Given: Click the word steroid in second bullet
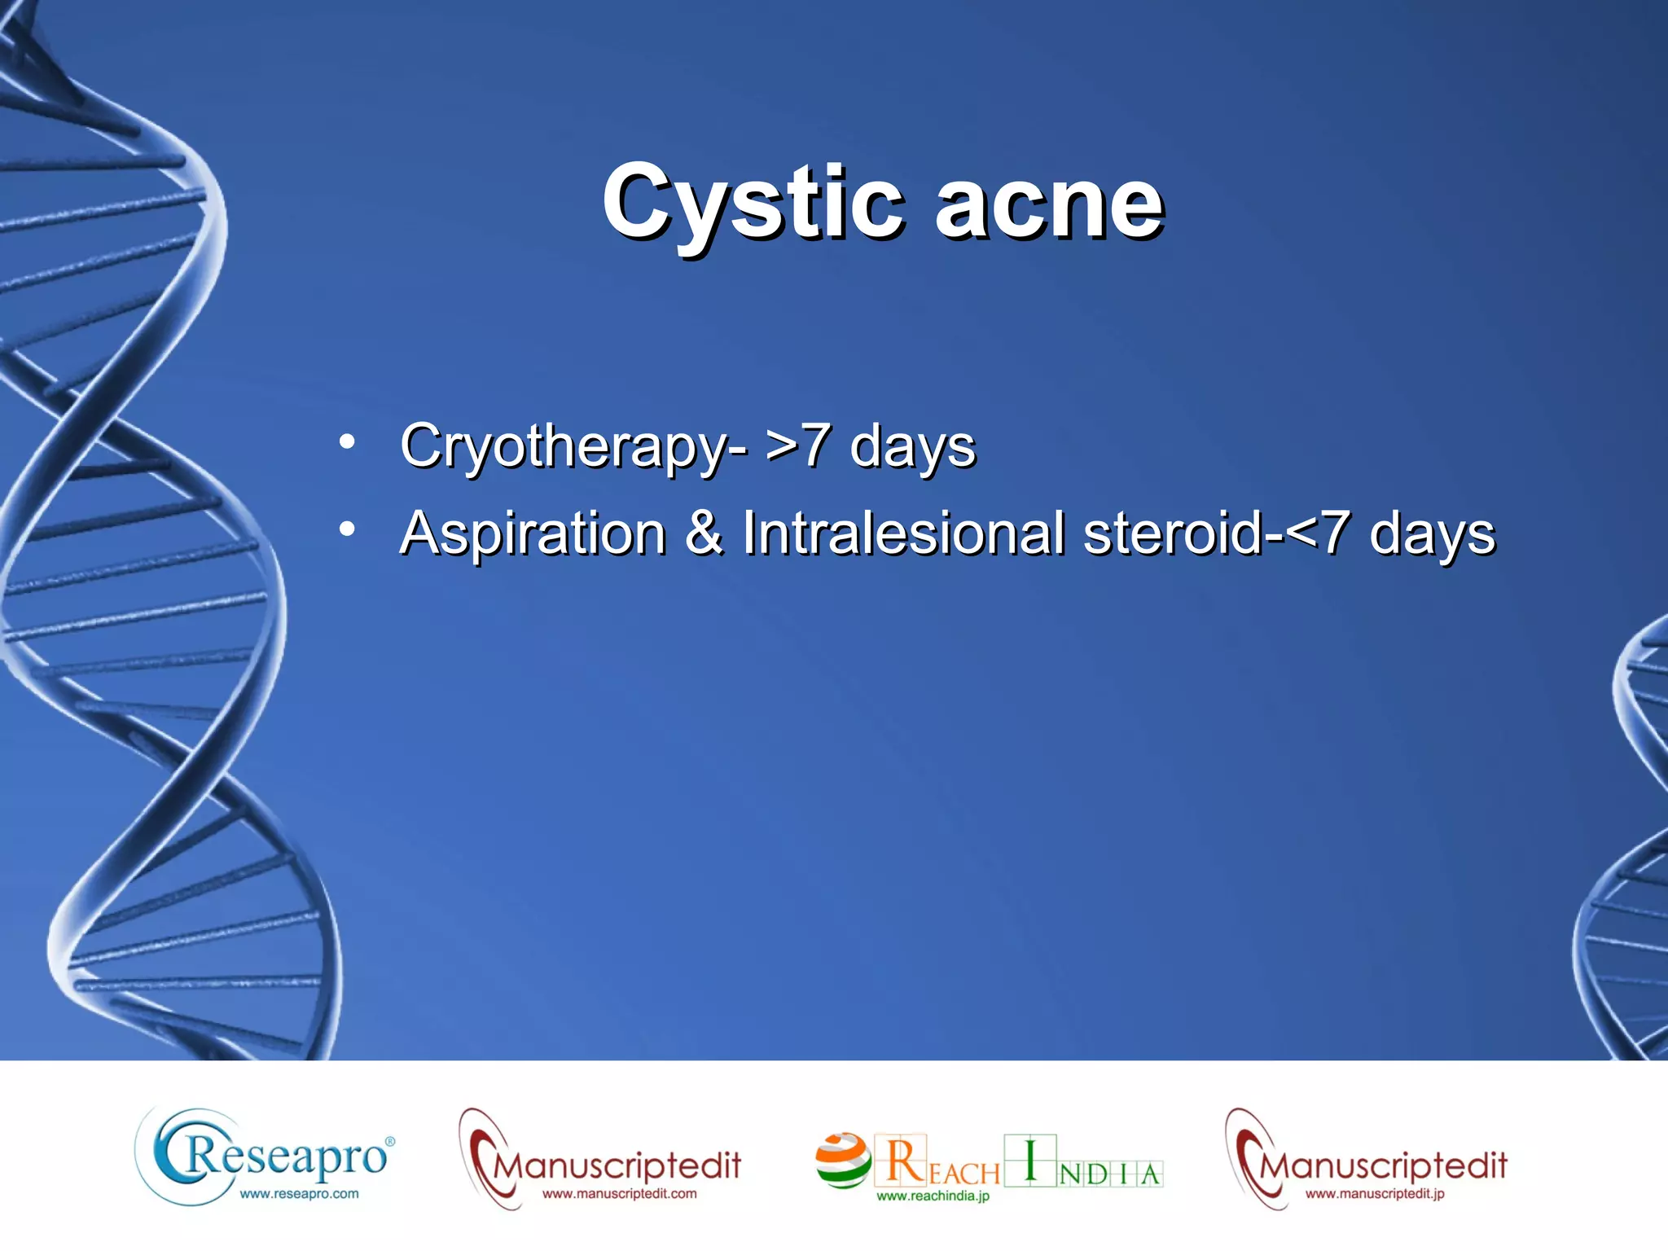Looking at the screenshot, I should (x=1173, y=533).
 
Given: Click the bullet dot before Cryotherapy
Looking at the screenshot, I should (x=348, y=442).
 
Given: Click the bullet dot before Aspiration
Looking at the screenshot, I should (x=348, y=529).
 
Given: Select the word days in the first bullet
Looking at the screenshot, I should (x=912, y=447).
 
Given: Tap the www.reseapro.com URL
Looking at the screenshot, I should (x=299, y=1194).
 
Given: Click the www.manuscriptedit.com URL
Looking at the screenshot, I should (x=619, y=1194).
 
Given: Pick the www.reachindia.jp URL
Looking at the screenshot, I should (x=933, y=1196).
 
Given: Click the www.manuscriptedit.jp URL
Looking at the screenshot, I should (x=1375, y=1194).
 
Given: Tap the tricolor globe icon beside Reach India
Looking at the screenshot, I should (x=842, y=1160).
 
